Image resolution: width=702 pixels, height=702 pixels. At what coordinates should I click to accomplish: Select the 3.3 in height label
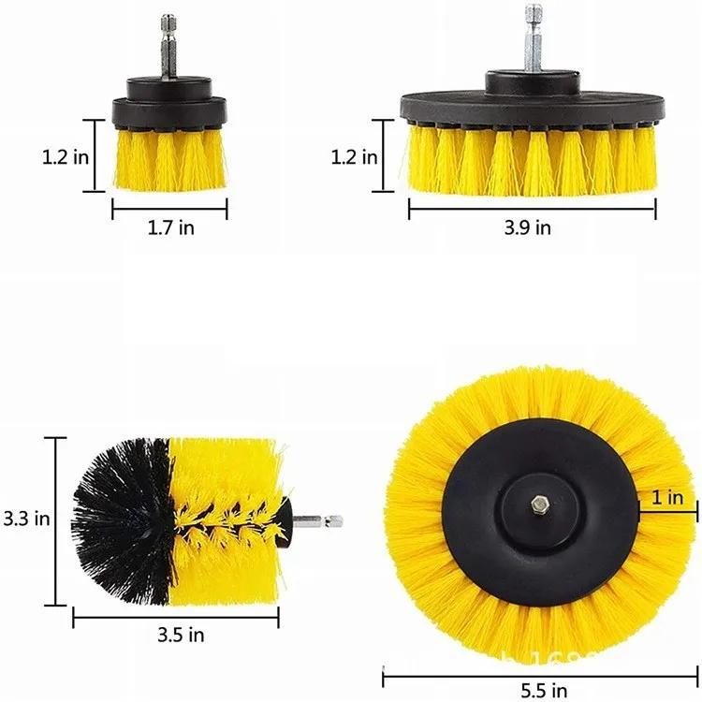[x=25, y=518]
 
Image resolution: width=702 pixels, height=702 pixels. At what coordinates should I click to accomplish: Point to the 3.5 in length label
[x=182, y=636]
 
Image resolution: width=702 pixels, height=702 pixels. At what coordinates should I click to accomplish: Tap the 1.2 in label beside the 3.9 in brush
[x=355, y=156]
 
